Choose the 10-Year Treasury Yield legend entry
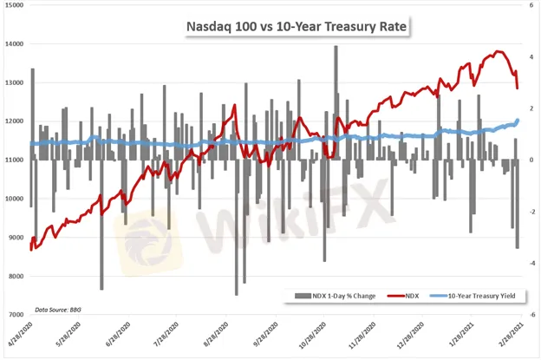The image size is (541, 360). tap(483, 296)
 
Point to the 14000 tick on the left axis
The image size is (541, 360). tap(14, 43)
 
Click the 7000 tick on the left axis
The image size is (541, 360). tap(16, 315)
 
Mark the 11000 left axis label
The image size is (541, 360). tap(14, 160)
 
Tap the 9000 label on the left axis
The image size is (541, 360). tap(16, 238)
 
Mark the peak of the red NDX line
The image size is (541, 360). tap(498, 51)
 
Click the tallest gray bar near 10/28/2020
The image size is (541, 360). tap(336, 49)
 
